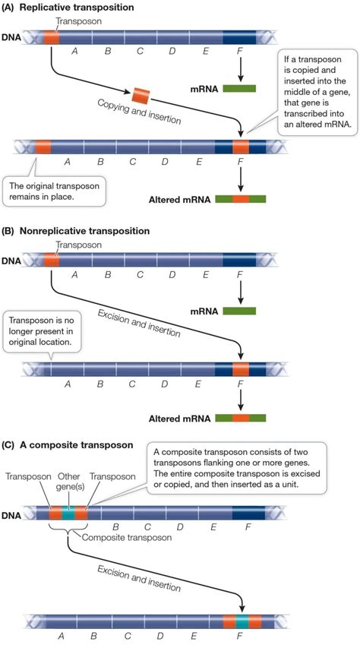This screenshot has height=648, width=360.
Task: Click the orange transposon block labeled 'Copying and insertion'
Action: click(142, 94)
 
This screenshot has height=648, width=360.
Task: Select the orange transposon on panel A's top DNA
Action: click(51, 36)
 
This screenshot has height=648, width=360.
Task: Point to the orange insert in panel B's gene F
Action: click(240, 370)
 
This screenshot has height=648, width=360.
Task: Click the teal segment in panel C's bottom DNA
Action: click(242, 621)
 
